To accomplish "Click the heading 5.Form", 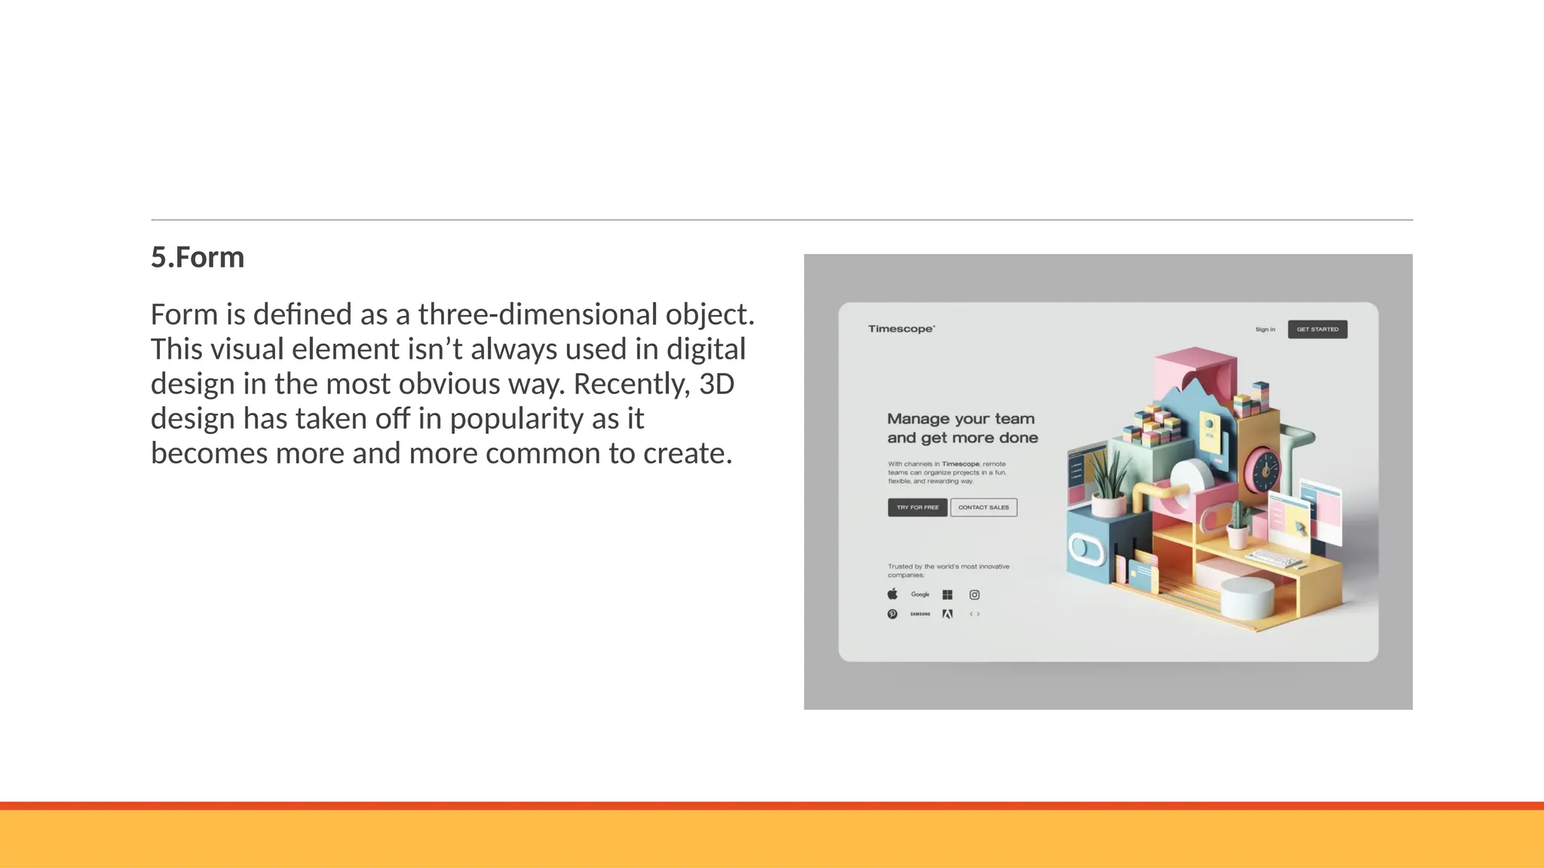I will pyautogui.click(x=198, y=258).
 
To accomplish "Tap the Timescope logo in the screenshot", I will pyautogui.click(x=901, y=329).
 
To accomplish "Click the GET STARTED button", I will pyautogui.click(x=1317, y=329).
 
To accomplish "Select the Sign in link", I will pyautogui.click(x=1265, y=329).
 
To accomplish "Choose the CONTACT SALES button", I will pyautogui.click(x=983, y=508).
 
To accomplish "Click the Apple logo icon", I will pyautogui.click(x=893, y=594).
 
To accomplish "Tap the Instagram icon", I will pyautogui.click(x=974, y=594).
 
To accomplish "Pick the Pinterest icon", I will pyautogui.click(x=893, y=614).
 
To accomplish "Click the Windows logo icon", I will pyautogui.click(x=948, y=594).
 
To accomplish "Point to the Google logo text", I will pyautogui.click(x=920, y=594).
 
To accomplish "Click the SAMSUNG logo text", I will pyautogui.click(x=920, y=614).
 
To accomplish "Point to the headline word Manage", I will pyautogui.click(x=918, y=419).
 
